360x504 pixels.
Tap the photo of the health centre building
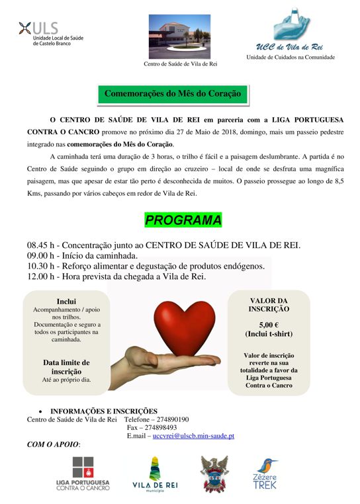179,37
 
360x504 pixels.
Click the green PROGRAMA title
183,220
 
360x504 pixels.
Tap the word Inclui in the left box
67,300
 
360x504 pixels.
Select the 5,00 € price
268,325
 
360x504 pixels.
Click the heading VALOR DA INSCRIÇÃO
268,304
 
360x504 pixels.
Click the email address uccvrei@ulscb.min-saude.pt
193,436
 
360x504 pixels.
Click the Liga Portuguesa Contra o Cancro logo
83,474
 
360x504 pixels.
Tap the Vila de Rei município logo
155,474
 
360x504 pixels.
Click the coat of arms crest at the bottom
214,474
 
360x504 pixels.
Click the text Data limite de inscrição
66,367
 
